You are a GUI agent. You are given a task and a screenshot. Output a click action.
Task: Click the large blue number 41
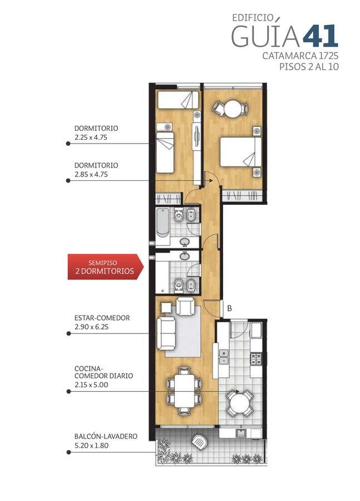point(320,36)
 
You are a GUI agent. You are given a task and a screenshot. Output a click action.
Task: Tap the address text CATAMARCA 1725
point(300,56)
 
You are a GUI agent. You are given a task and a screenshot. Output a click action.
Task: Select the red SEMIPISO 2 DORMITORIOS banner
point(105,267)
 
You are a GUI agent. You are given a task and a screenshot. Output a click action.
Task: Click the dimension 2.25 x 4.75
point(91,137)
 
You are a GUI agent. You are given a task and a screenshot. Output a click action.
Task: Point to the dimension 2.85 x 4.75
point(91,174)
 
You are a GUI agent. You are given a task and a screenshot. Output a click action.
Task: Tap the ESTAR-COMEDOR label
point(102,318)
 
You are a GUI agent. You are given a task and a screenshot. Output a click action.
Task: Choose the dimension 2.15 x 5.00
point(91,385)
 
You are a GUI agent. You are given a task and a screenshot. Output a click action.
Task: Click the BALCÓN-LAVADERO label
point(106,436)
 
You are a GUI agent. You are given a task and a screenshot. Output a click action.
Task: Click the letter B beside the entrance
point(229,308)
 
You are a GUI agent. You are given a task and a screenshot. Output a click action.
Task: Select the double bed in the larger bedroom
point(241,152)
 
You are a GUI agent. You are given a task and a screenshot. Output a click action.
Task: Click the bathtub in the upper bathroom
point(163,222)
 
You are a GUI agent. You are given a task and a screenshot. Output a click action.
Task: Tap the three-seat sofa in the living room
point(166,333)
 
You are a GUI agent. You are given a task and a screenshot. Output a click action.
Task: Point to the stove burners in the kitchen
point(256,359)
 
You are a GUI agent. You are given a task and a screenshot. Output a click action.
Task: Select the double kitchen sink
point(224,357)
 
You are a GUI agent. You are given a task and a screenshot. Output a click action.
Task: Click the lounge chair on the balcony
point(199,442)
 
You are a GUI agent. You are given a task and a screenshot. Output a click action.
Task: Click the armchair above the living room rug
point(185,306)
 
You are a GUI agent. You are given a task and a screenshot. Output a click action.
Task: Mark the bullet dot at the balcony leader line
point(68,453)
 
